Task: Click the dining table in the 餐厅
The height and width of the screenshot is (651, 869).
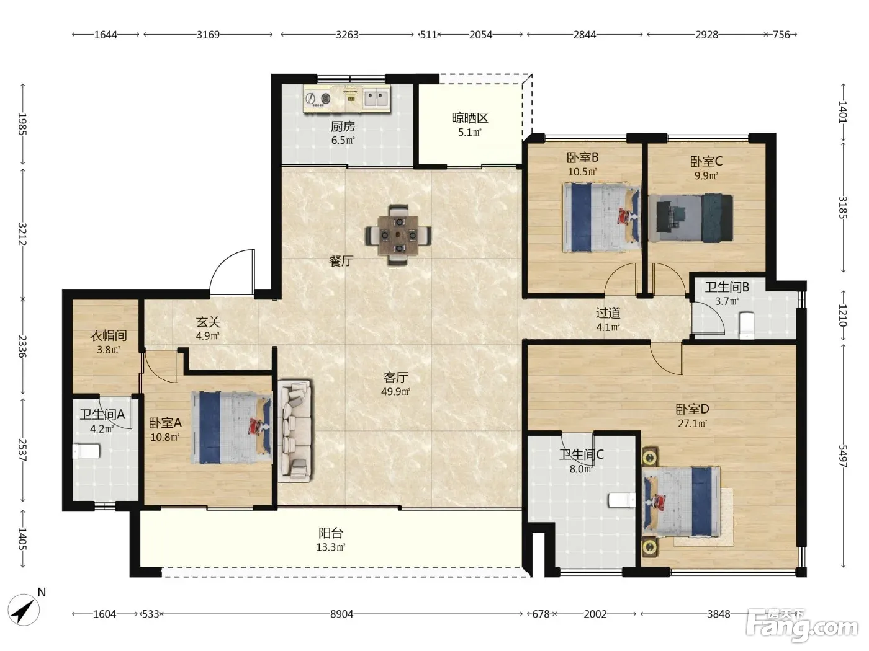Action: click(x=398, y=235)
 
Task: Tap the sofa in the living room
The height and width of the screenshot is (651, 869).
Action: click(x=295, y=431)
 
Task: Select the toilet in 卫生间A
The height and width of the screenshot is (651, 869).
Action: click(x=86, y=451)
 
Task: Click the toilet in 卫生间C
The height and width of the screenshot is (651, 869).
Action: click(x=621, y=500)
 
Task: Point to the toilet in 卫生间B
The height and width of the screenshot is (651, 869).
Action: click(x=747, y=325)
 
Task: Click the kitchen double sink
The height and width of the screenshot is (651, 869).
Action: click(x=376, y=98)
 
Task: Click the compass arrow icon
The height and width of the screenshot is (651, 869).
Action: click(x=24, y=610)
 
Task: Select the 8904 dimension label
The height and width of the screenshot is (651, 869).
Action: click(x=341, y=614)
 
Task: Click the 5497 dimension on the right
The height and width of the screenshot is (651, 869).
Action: click(x=842, y=456)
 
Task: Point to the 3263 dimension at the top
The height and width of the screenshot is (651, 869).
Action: click(x=347, y=35)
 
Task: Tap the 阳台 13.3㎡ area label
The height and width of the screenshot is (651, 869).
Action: click(x=331, y=540)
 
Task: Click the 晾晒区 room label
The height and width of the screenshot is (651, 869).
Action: click(x=470, y=118)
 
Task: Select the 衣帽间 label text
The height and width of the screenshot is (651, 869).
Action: click(x=109, y=335)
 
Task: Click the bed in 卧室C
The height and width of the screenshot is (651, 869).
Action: click(x=691, y=218)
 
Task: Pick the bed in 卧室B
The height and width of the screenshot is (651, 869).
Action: click(x=601, y=217)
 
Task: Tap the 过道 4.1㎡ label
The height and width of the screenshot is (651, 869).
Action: click(x=608, y=320)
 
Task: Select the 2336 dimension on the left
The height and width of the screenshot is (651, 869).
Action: click(x=22, y=347)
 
